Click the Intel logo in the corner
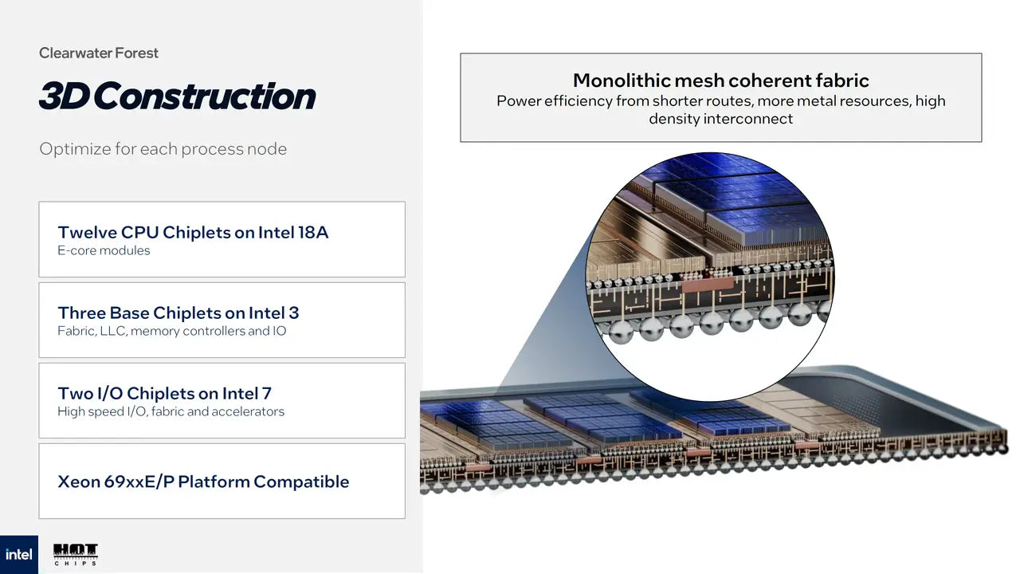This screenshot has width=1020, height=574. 18,554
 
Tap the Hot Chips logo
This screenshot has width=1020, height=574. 76,554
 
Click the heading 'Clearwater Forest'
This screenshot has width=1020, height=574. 99,53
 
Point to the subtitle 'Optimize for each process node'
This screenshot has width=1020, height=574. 163,149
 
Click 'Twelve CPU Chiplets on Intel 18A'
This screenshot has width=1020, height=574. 193,232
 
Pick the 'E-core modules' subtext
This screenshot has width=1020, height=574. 104,250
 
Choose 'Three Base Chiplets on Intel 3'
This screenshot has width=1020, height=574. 178,313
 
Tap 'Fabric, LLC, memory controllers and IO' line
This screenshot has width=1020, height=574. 171,331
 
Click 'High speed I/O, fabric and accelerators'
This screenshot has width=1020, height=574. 171,411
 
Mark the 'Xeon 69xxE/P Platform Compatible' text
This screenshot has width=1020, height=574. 203,482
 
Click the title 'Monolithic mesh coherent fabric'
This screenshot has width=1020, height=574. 720,81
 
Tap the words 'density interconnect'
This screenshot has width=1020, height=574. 720,119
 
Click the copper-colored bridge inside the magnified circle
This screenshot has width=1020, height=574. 704,283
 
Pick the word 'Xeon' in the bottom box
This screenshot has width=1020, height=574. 79,482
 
